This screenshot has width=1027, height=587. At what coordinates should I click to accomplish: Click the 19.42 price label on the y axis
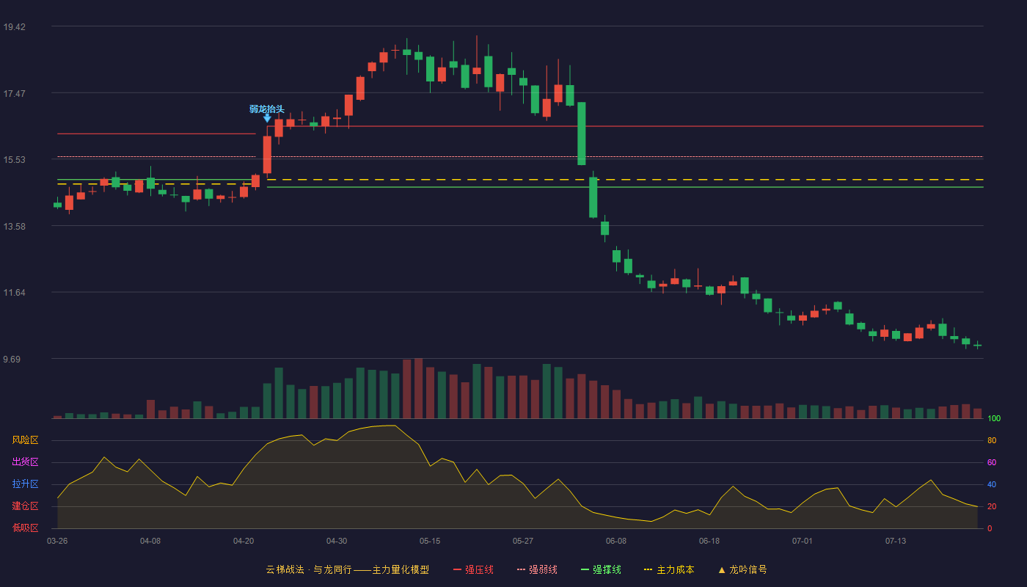14,27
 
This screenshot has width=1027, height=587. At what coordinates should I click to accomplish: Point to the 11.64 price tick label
14,293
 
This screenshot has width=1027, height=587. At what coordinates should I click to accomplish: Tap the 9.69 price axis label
12,359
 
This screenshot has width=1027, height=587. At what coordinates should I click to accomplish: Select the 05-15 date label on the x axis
430,542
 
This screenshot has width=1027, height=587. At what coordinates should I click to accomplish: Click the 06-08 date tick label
615,542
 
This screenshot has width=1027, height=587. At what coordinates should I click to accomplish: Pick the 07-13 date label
896,542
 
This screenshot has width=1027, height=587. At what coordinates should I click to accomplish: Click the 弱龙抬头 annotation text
267,109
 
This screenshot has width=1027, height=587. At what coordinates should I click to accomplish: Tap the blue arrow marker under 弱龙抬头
267,119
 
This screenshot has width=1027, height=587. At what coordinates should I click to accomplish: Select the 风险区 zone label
25,440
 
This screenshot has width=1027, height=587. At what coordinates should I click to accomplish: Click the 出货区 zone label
25,462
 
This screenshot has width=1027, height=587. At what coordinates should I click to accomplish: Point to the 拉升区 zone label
25,484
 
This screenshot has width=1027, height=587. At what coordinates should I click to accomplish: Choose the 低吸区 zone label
25,528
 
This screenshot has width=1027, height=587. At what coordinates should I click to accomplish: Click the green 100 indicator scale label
994,418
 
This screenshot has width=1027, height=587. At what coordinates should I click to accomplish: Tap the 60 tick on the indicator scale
992,462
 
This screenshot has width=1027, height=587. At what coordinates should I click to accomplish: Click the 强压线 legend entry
473,569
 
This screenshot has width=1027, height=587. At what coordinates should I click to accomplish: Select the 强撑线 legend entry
601,569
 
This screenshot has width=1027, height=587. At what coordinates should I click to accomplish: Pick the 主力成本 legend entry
669,569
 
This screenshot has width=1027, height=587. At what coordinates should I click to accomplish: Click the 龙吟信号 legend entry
742,569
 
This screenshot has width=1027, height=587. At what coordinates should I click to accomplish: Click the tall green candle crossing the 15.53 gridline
581,134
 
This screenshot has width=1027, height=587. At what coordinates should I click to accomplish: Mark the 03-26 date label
57,542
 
